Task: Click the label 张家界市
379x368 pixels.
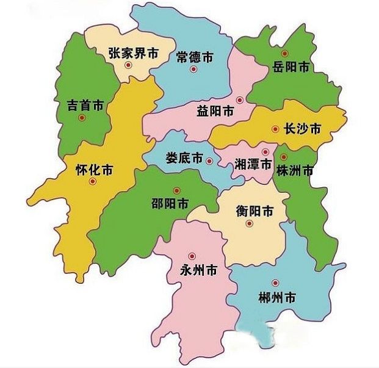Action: pyautogui.click(x=133, y=53)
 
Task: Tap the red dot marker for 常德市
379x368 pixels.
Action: pyautogui.click(x=193, y=69)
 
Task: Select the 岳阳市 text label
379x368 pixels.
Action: pyautogui.click(x=290, y=67)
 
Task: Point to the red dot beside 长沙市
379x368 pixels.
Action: pyautogui.click(x=275, y=129)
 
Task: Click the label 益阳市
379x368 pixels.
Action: pyautogui.click(x=215, y=112)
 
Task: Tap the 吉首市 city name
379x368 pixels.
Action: pyautogui.click(x=85, y=105)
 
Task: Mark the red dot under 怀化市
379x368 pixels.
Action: pyautogui.click(x=92, y=181)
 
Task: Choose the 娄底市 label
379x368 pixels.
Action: pyautogui.click(x=184, y=157)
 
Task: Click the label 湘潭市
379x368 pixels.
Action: pyautogui.click(x=253, y=164)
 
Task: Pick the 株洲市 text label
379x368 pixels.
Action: pyautogui.click(x=295, y=170)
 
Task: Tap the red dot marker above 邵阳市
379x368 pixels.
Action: pyautogui.click(x=176, y=190)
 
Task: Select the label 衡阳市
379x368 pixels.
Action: pyautogui.click(x=254, y=212)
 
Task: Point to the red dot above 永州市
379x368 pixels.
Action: pyautogui.click(x=192, y=256)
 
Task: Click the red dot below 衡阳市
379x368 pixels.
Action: pyautogui.click(x=249, y=224)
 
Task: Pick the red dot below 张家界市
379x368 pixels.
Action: pyautogui.click(x=128, y=65)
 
